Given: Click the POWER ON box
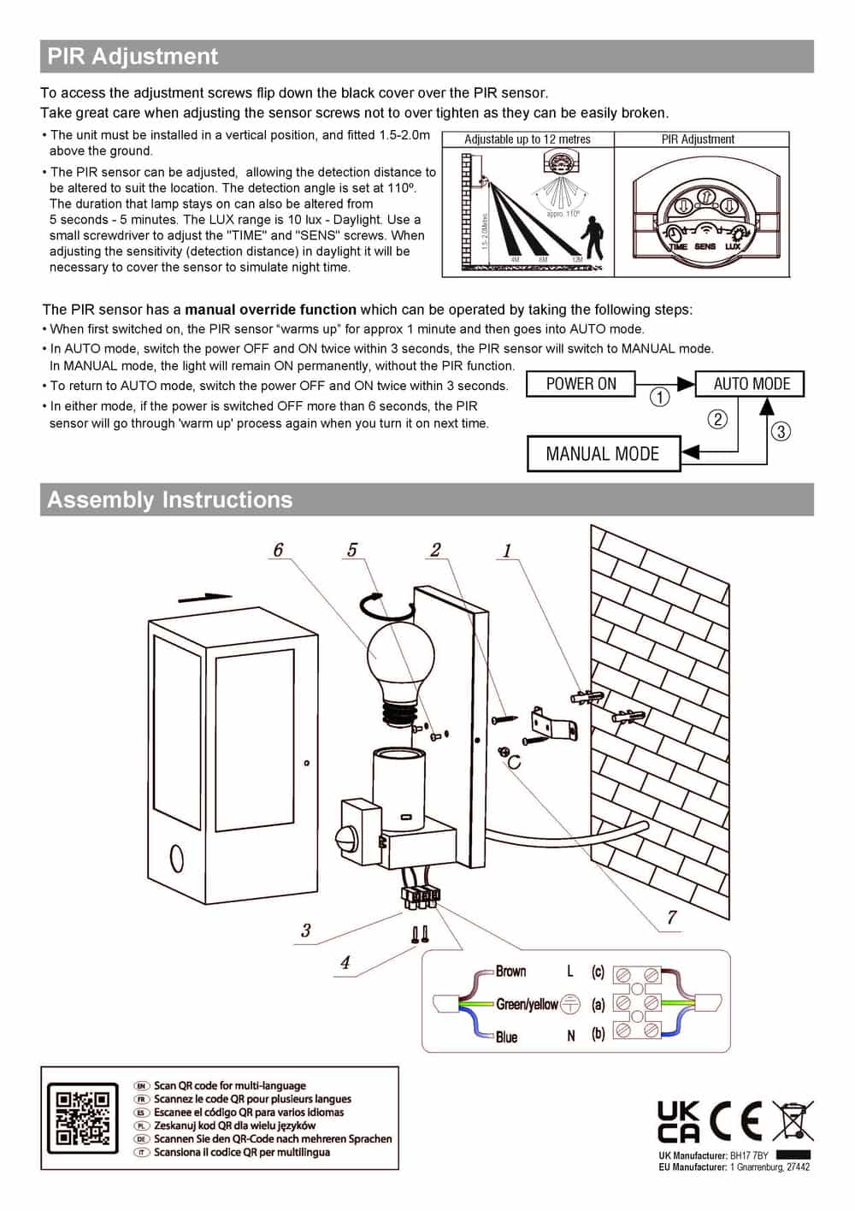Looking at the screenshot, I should click(x=581, y=384).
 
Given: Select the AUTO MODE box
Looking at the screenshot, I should click(x=751, y=384).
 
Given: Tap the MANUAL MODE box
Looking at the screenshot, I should click(x=603, y=454).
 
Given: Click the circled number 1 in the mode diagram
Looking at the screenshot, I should click(x=660, y=398).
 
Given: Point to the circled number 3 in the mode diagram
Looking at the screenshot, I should click(x=780, y=431).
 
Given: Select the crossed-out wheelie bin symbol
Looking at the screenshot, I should click(x=793, y=1121).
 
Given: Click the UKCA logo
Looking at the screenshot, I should click(x=678, y=1122).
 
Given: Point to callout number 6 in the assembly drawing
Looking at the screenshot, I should click(x=278, y=550).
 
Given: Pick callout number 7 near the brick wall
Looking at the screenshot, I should click(x=672, y=918).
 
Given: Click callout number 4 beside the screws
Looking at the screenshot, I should click(x=345, y=963).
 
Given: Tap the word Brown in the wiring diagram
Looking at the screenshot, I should click(x=510, y=972).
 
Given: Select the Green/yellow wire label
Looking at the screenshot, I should click(x=527, y=1004).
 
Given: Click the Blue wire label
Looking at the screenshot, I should click(x=506, y=1037).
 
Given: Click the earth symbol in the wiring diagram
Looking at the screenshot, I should click(x=571, y=1004).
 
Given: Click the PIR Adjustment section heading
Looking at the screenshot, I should click(x=133, y=56).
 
